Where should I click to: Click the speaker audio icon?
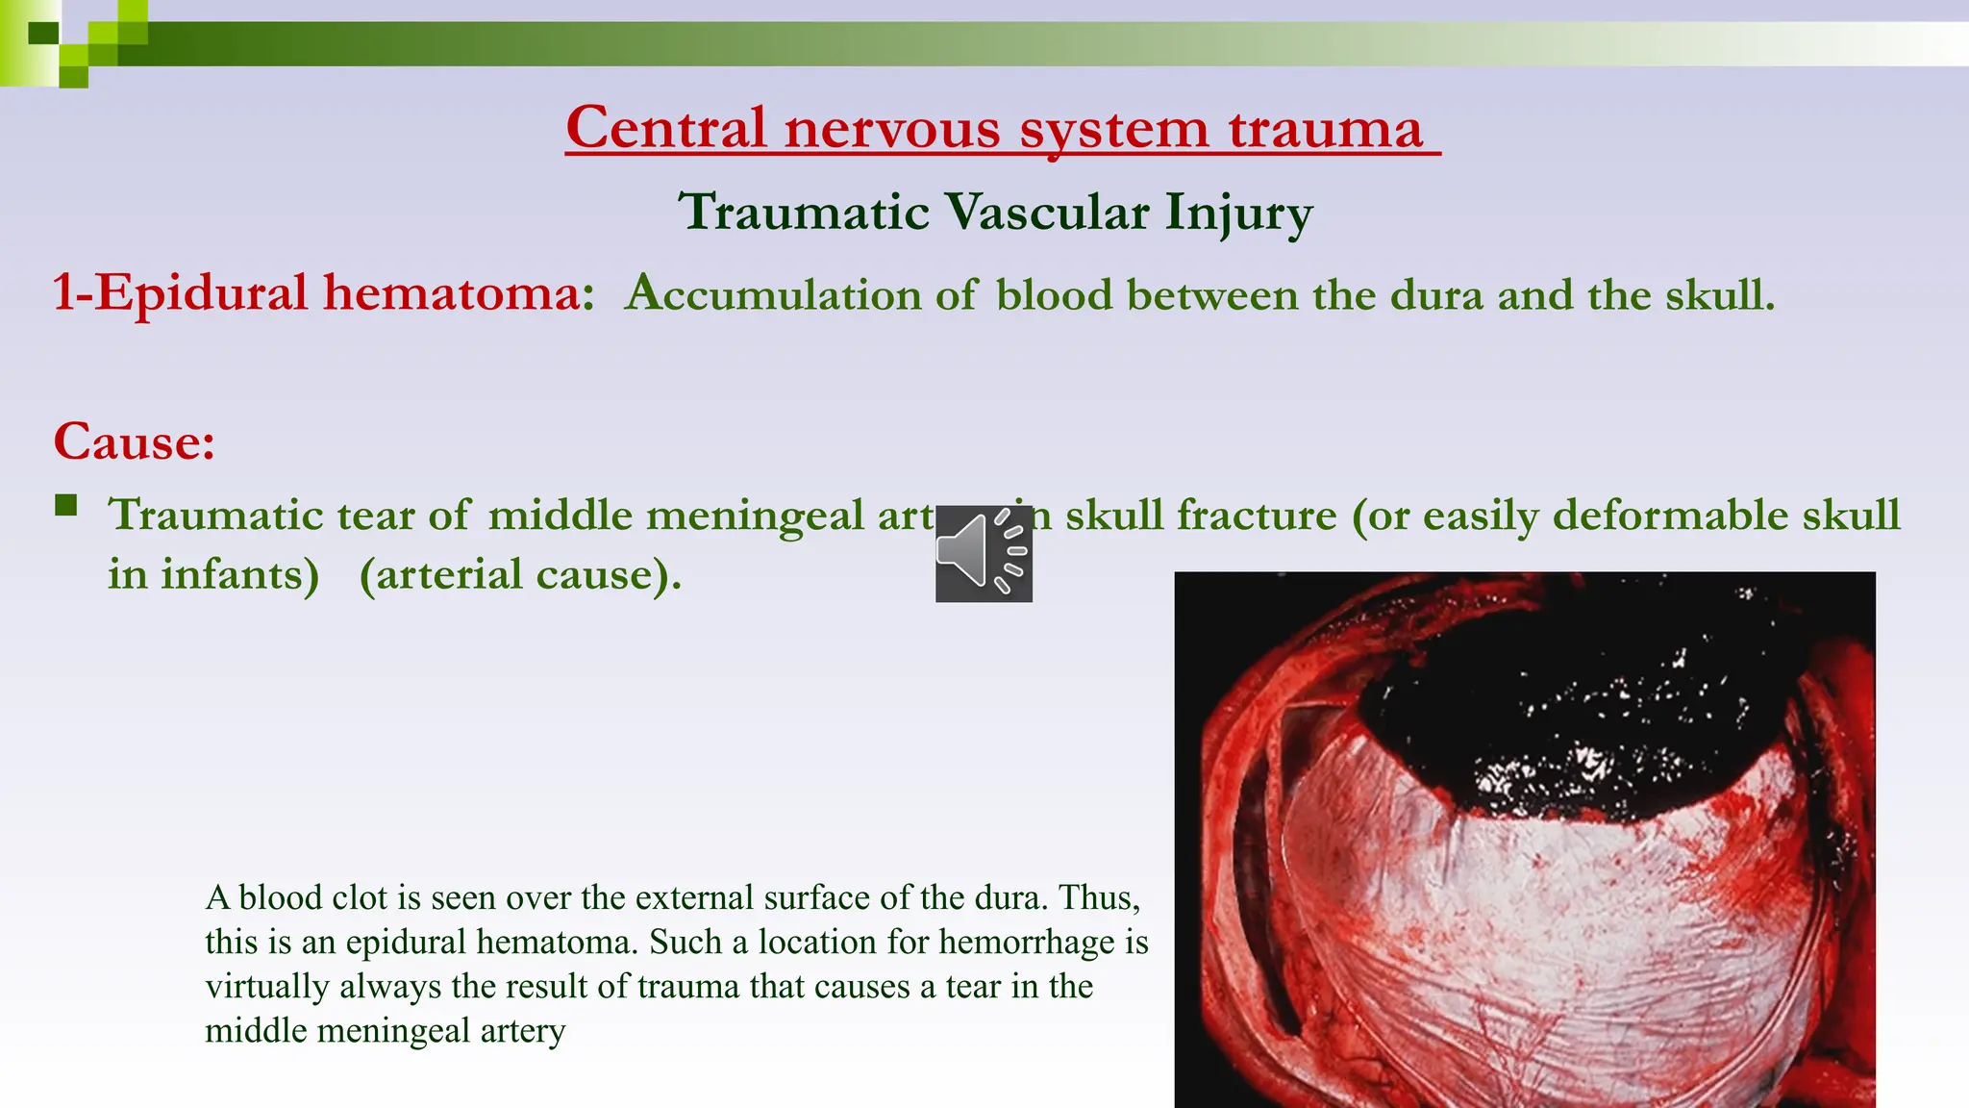pyautogui.click(x=984, y=553)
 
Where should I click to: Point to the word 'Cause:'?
pyautogui.click(x=134, y=441)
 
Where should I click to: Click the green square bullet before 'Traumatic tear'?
pyautogui.click(x=66, y=505)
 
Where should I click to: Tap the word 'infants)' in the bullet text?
pyautogui.click(x=239, y=574)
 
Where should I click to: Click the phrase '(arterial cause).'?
pyautogui.click(x=520, y=574)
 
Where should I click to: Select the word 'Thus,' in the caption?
pyautogui.click(x=1099, y=897)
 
